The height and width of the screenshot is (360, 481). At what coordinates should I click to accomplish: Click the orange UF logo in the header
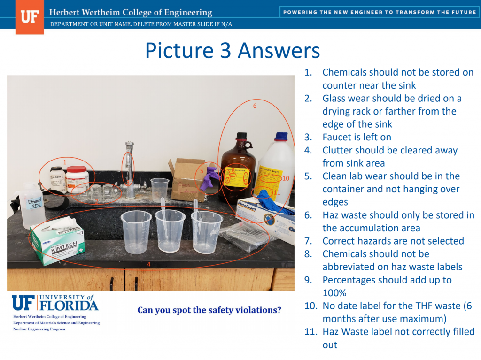click(29, 17)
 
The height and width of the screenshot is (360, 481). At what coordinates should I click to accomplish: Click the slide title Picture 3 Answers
click(232, 51)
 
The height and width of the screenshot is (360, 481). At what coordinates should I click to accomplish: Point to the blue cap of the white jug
click(281, 137)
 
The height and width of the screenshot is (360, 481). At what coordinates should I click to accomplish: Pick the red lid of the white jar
click(77, 169)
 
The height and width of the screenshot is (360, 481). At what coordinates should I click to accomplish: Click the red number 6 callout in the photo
click(255, 106)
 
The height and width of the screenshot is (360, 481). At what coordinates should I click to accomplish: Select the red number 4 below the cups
click(149, 264)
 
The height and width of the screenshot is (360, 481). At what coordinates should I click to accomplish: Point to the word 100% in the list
click(334, 293)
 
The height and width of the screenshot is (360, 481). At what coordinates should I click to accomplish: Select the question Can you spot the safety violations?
click(209, 310)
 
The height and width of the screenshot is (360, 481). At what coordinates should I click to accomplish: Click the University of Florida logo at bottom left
click(55, 303)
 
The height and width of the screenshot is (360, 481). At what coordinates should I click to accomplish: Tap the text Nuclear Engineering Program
click(39, 329)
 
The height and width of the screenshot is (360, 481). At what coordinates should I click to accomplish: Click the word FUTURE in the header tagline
click(462, 12)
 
